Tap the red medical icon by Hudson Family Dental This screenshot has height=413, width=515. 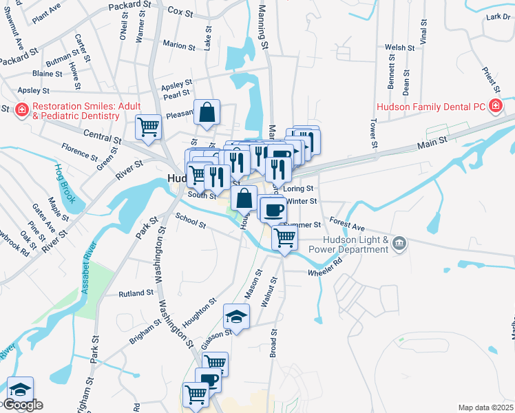coord(494,106)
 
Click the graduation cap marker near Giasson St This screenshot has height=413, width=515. coord(235,317)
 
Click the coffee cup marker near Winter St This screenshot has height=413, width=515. coord(274,209)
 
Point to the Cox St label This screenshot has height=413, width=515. coord(179,12)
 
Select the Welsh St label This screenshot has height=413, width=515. coord(399,47)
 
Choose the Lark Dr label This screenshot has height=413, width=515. coord(497,17)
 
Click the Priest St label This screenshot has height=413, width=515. coord(490,78)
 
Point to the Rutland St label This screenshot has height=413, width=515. coord(136,293)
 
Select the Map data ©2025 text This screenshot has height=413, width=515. coord(485,407)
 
